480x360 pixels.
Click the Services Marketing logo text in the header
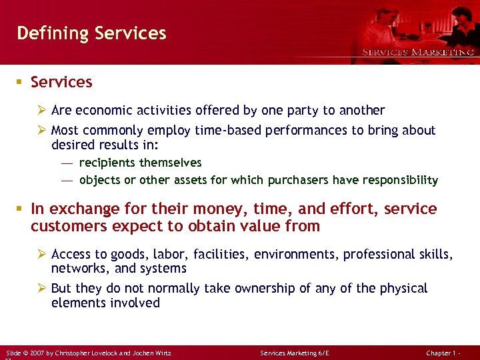point(418,52)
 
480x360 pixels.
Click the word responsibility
point(405,180)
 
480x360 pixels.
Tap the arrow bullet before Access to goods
point(42,254)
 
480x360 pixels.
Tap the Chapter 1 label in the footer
point(441,351)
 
